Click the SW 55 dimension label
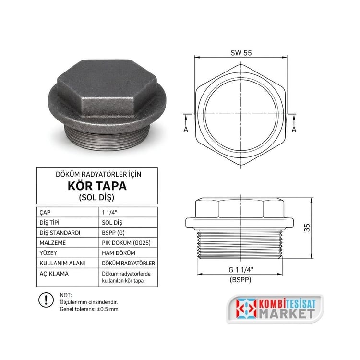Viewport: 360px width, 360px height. pyautogui.click(x=241, y=53)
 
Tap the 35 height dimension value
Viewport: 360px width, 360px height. pyautogui.click(x=307, y=228)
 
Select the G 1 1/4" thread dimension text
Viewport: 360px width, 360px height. pyautogui.click(x=241, y=270)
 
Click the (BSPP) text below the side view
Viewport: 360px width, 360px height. pyautogui.click(x=240, y=280)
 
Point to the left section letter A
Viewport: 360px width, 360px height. pyautogui.click(x=186, y=129)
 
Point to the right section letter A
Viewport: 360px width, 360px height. pyautogui.click(x=294, y=129)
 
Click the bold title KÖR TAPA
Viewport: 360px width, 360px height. pyautogui.click(x=97, y=186)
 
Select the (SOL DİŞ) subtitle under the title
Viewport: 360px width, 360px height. pyautogui.click(x=96, y=197)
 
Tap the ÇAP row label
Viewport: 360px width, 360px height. pyautogui.click(x=45, y=213)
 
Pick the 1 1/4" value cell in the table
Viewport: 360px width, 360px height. pyautogui.click(x=109, y=212)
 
